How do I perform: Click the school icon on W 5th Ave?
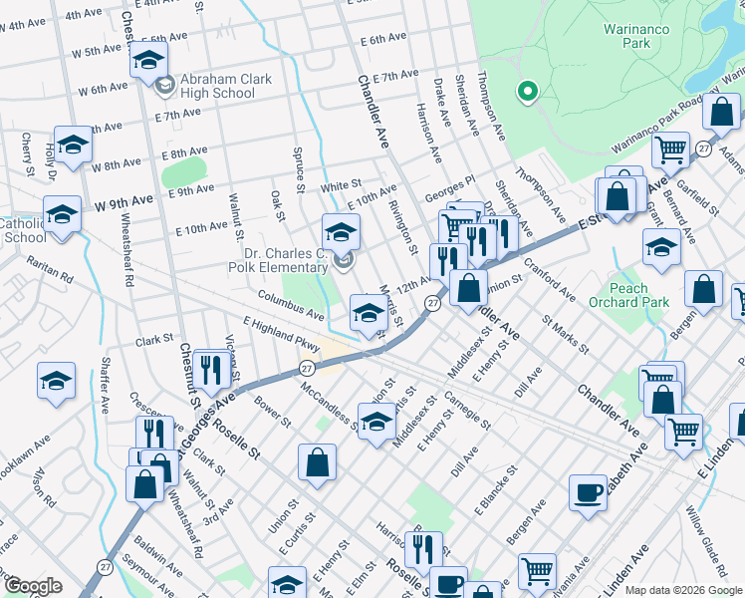click(x=148, y=62)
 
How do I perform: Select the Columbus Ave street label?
click(x=291, y=307)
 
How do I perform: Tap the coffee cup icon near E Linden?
click(x=588, y=491)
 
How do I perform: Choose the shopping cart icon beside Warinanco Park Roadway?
click(x=670, y=149)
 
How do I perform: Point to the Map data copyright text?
click(x=683, y=590)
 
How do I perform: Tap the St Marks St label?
click(x=567, y=336)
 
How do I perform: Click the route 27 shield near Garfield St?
click(x=704, y=149)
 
